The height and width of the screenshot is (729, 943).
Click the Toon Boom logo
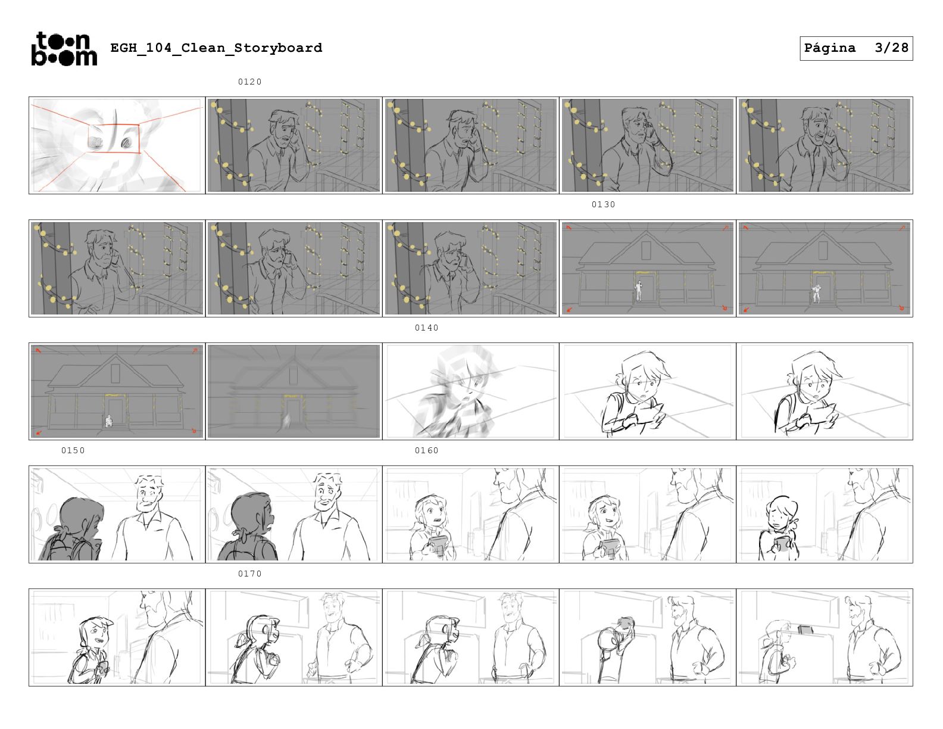point(64,49)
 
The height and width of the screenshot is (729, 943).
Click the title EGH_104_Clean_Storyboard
point(216,48)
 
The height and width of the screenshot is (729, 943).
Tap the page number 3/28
point(891,48)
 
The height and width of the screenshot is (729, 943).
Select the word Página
point(830,48)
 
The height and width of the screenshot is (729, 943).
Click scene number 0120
point(250,82)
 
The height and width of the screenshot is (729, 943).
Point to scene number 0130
point(603,204)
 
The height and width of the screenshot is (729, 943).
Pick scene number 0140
point(427,328)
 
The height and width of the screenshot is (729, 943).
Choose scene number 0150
point(73,451)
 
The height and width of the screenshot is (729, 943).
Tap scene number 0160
point(427,451)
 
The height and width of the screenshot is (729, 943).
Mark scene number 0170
point(250,574)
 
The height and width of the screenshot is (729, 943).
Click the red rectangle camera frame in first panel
point(114,125)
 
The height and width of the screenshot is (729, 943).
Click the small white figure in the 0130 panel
point(639,291)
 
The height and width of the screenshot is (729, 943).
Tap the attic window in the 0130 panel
point(646,251)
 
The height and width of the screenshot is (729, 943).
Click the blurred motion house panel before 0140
point(293,391)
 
